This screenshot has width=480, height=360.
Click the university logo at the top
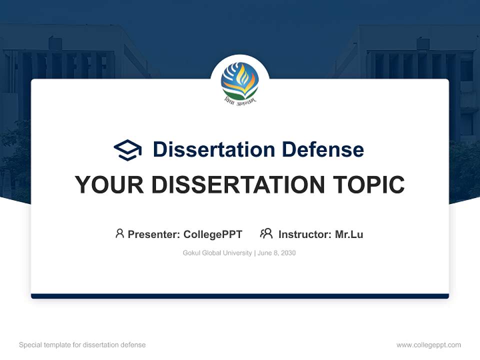click(240, 82)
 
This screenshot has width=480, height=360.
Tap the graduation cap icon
click(127, 150)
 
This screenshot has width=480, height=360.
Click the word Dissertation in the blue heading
click(214, 149)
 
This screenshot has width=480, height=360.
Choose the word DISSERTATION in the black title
click(238, 185)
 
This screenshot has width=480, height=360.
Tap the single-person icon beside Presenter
click(119, 233)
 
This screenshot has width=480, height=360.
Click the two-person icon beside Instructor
click(266, 233)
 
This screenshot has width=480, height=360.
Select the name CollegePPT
click(213, 234)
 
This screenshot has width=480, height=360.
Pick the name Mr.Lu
click(349, 234)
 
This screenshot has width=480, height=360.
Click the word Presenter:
click(154, 234)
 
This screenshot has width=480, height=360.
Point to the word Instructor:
click(305, 234)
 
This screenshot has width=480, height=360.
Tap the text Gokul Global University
click(217, 253)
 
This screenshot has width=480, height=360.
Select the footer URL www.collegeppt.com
click(428, 345)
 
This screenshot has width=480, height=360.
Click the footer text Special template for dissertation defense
click(82, 345)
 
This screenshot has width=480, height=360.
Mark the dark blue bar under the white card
click(240, 296)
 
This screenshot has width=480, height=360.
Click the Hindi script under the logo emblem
click(240, 100)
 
